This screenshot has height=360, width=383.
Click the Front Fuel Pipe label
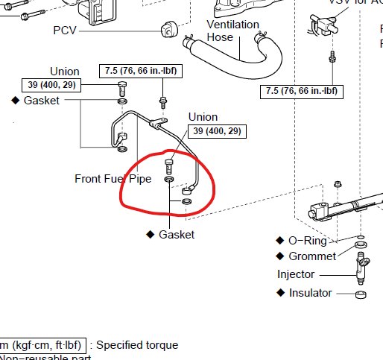coord(113,179)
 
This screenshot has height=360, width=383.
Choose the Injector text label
coord(295,274)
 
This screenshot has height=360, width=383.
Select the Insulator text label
coord(310,293)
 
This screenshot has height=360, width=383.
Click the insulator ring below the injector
coord(360,295)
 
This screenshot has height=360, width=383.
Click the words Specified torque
coord(137,345)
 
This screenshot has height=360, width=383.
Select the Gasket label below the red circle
coord(176,235)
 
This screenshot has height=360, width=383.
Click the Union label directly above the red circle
coord(203,117)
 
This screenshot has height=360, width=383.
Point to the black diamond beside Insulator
coord(281,293)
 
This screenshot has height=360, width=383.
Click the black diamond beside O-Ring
coord(281,241)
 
